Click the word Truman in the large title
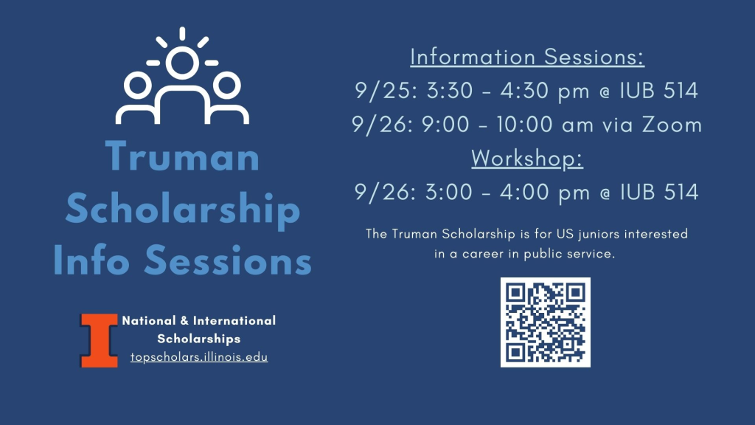coord(183,156)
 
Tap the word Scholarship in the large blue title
coord(183,209)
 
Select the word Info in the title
coord(91,260)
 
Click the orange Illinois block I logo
coord(99,340)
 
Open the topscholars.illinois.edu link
coord(199,357)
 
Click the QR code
coord(546,322)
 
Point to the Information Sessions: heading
coord(526,57)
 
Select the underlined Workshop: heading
coord(526,158)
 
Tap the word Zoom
coord(672,125)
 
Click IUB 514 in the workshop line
coord(659,192)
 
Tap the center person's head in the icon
coord(182,63)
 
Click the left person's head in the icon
coord(138,86)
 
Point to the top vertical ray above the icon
coord(182,33)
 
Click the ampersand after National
coord(184,320)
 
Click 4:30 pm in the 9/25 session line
coord(545,91)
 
